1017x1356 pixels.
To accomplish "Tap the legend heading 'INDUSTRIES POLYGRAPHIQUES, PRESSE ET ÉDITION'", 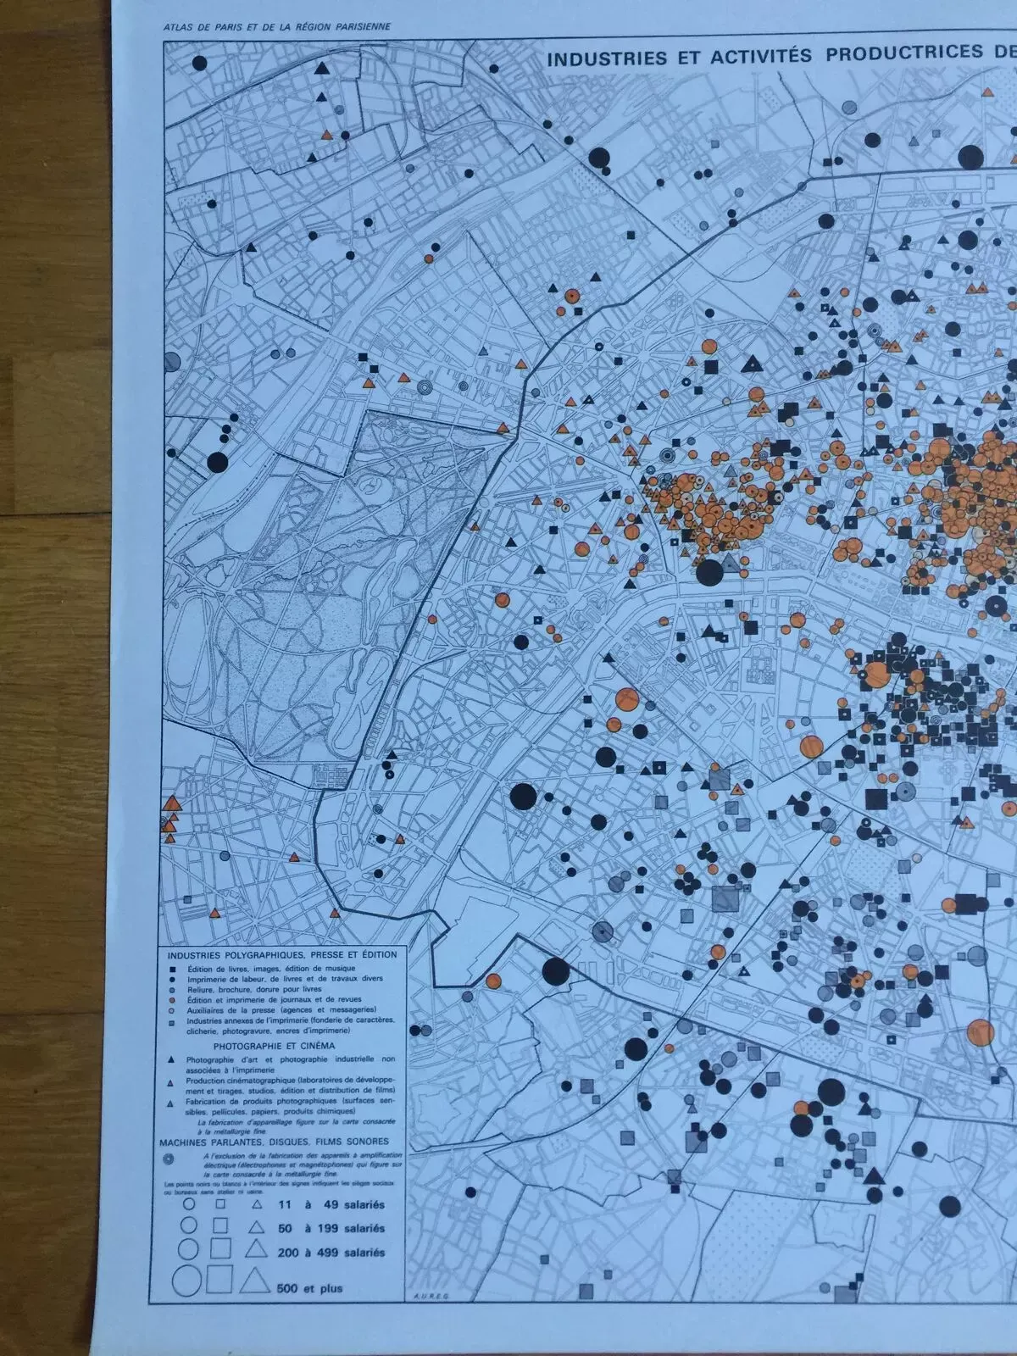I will click(x=282, y=954).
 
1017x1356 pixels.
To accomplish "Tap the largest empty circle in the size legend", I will click(x=189, y=1283).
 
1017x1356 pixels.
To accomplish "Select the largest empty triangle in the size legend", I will click(x=252, y=1281).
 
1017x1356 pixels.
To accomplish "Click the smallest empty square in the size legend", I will click(x=220, y=1203).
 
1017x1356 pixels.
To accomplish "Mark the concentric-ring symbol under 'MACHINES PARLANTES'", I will click(x=170, y=1158).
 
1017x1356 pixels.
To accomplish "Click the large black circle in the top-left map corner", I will click(x=200, y=62).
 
